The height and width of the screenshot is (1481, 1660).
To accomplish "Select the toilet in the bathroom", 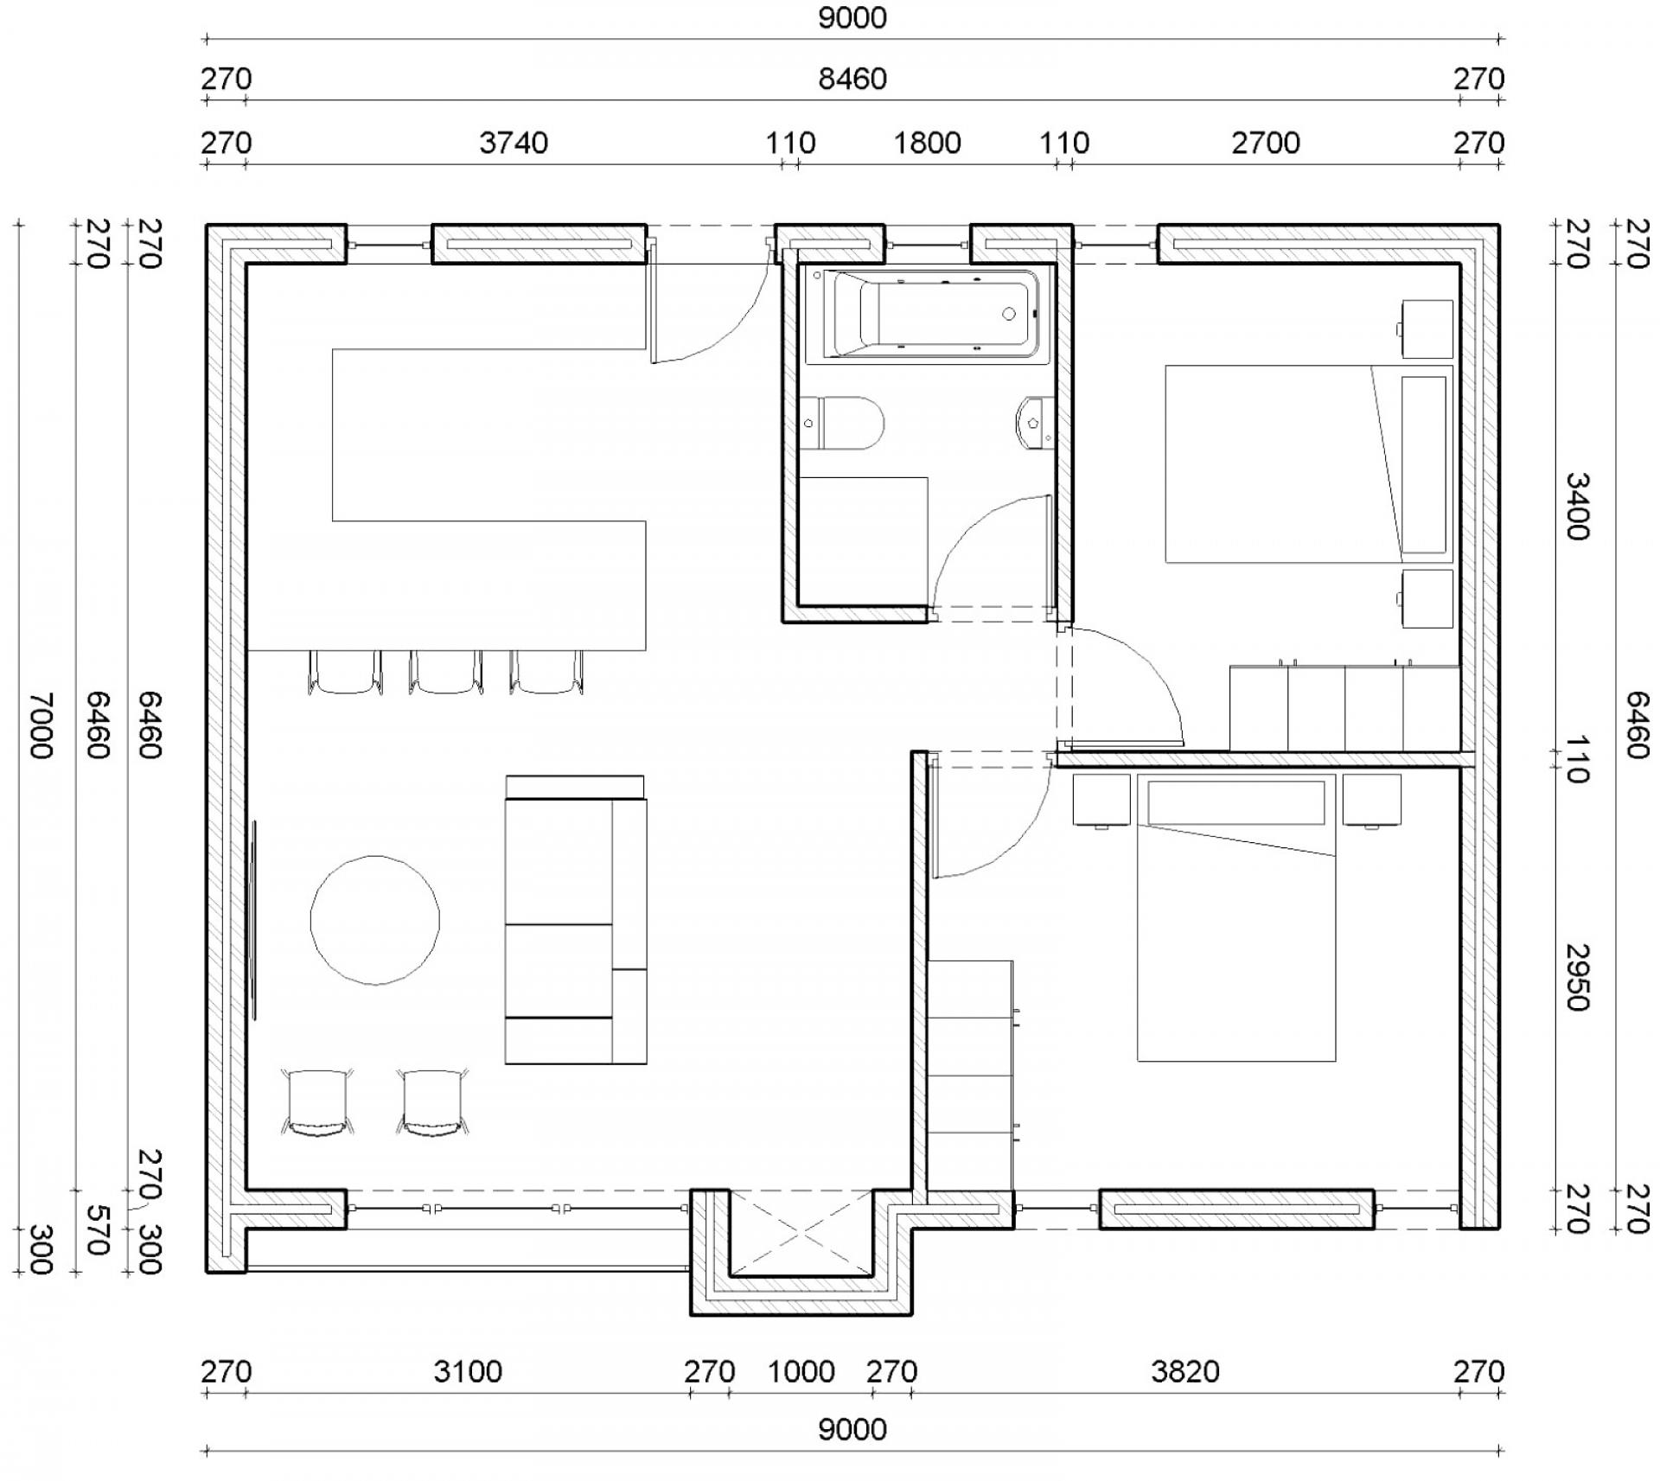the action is tap(840, 424).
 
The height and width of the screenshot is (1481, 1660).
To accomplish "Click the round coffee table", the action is tap(375, 920).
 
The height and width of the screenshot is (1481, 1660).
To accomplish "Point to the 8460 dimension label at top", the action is tap(852, 80).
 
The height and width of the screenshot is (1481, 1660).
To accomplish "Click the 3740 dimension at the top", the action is tap(514, 143).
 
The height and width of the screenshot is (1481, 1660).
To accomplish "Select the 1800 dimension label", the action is tap(927, 143).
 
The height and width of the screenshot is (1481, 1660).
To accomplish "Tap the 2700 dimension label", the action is tap(1266, 143).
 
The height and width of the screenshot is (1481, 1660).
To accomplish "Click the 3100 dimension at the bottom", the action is tap(468, 1371).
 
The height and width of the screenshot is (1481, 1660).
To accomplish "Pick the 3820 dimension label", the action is tap(1185, 1371).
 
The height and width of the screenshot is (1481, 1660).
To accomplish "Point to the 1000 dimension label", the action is tap(801, 1371).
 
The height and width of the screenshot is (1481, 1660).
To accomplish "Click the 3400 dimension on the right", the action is tap(1578, 506).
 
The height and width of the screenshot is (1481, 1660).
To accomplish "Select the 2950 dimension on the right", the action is tap(1578, 977).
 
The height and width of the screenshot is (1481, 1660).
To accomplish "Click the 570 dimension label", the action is tap(97, 1229).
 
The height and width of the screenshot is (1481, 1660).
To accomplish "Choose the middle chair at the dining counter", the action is tap(445, 673).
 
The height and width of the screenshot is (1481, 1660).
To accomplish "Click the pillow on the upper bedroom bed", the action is tap(1424, 464).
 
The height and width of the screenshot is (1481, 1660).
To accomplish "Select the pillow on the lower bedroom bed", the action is tap(1236, 802).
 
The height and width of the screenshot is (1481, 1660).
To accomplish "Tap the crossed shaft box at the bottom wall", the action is tap(801, 1232).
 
